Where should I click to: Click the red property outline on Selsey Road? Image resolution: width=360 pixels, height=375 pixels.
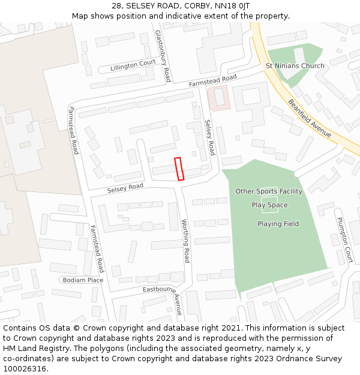[179, 169]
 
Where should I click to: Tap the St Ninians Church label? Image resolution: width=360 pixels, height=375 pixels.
[295, 66]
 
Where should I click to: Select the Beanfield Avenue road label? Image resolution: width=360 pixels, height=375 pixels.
[310, 118]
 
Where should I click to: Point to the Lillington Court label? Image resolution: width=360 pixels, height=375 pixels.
[133, 65]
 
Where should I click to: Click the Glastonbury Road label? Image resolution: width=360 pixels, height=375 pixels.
[163, 56]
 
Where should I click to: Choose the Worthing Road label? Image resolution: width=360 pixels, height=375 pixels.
[185, 241]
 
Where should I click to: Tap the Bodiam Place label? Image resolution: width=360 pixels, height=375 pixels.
[83, 280]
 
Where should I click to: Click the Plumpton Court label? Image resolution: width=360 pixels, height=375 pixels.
[344, 240]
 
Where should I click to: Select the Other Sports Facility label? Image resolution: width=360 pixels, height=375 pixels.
[269, 191]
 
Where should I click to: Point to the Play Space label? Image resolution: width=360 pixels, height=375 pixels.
[269, 205]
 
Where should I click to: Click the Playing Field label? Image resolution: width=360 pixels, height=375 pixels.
[278, 224]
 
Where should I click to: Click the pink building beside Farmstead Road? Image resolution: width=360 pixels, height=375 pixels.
[218, 97]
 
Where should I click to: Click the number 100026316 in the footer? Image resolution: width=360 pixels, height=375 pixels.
[25, 369]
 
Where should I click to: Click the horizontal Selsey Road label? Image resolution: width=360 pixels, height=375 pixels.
[125, 188]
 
